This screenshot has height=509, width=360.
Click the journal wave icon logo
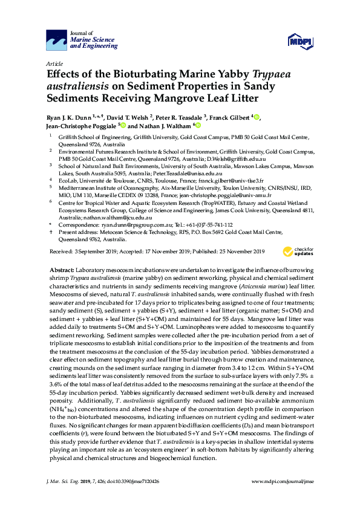pos(57,41)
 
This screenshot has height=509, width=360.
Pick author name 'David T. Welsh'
pos(142,117)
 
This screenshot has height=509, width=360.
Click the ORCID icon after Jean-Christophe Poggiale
pos(123,126)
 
